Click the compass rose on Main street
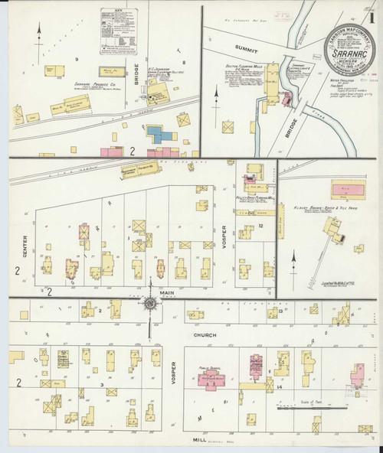coord(150,305)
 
